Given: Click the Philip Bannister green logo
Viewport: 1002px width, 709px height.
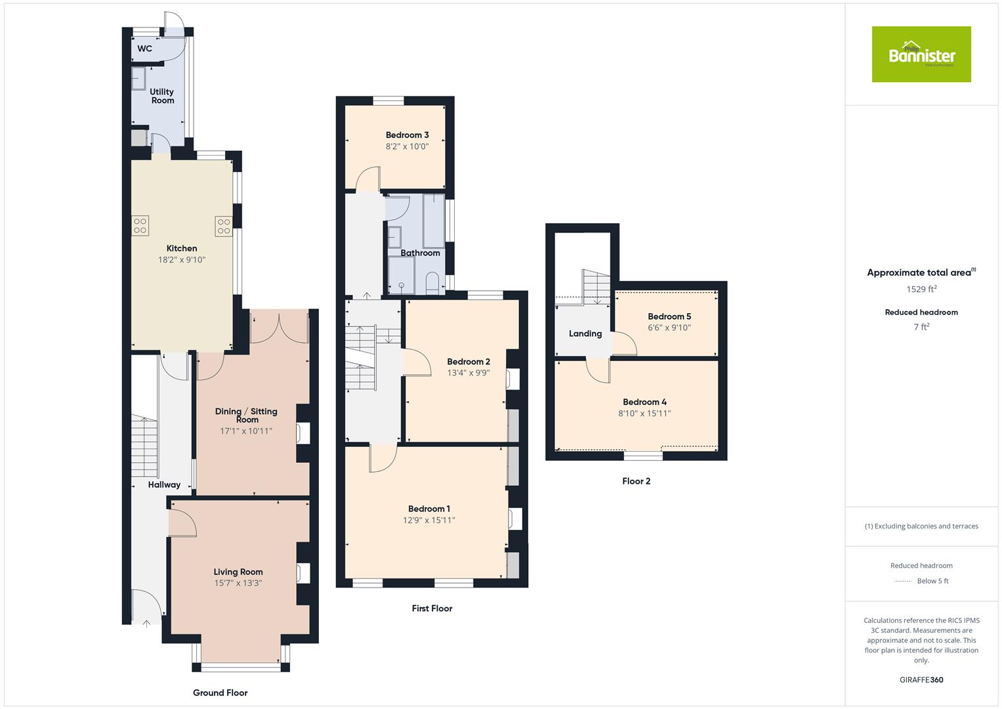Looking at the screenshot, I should [x=921, y=54].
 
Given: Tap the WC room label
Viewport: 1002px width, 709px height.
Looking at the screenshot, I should [x=144, y=49].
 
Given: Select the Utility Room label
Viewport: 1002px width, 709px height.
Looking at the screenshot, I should [x=162, y=96].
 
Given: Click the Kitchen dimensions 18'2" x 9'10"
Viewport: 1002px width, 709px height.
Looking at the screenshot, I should [x=182, y=260].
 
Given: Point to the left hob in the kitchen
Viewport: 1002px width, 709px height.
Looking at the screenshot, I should [x=140, y=226].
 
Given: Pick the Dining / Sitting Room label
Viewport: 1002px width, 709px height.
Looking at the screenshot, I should [x=246, y=415].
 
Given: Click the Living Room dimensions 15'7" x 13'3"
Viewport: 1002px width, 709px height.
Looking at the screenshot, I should [x=238, y=583].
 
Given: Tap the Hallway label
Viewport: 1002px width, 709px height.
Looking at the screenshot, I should [x=164, y=484].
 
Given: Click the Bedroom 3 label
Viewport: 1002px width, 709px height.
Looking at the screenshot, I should [x=407, y=135].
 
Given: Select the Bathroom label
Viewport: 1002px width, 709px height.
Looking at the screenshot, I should [x=420, y=253].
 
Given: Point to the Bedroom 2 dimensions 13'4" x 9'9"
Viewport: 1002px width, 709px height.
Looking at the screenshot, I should [x=469, y=373].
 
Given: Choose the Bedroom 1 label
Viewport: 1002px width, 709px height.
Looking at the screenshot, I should [x=428, y=509].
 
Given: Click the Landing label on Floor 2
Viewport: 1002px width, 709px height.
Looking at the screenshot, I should [x=585, y=333].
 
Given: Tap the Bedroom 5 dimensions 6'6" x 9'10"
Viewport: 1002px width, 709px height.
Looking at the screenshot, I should [x=669, y=328].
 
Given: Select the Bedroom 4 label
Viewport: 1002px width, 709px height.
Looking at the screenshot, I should [x=644, y=402].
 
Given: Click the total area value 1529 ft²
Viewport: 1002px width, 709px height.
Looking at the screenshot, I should [x=921, y=289].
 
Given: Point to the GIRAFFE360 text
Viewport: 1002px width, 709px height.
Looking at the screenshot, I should [x=921, y=679].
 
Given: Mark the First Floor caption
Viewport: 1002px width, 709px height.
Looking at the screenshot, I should [x=432, y=609].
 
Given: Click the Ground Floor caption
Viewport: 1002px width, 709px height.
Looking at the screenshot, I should [x=220, y=693].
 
